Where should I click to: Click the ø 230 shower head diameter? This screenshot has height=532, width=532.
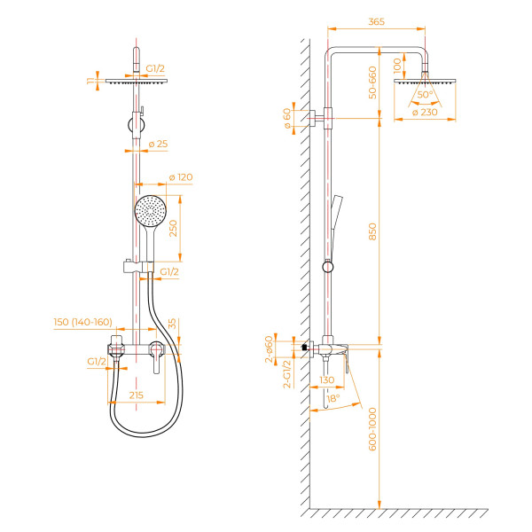click(x=426, y=112)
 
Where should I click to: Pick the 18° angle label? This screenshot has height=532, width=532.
click(x=333, y=400)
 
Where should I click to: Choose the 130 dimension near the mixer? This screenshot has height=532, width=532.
click(x=327, y=379)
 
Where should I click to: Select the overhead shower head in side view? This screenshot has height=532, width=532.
click(x=425, y=82)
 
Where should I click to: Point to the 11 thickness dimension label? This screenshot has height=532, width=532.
click(x=90, y=81)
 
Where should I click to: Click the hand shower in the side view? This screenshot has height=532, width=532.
click(x=336, y=213)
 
